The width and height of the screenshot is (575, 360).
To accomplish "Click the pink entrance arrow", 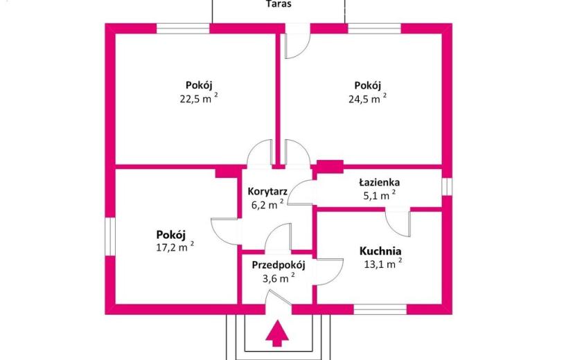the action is [277, 333].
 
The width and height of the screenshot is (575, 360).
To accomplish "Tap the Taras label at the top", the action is [278, 4].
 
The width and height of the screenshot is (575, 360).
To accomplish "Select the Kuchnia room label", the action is [380, 251].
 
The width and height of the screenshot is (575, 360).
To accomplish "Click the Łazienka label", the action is [379, 182].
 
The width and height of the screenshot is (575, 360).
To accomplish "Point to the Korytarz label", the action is [267, 191].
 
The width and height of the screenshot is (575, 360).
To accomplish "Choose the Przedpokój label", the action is [278, 265].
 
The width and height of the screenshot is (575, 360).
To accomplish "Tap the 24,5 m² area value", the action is [367, 98].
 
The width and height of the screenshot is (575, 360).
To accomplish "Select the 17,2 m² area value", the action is [175, 246].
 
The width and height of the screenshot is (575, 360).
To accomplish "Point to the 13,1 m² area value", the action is [383, 264].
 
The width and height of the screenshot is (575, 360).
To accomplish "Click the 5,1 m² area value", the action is [379, 195].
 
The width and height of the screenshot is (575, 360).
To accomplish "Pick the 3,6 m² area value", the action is [278, 278].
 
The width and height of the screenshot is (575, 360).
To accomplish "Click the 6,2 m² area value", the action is [267, 204].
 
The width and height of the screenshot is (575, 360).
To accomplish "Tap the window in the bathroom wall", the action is [447, 187].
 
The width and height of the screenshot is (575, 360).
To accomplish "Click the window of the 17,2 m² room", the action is [110, 237].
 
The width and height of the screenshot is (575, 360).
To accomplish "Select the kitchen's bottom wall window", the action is [380, 309].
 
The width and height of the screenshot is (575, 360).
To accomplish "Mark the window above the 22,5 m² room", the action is [183, 28].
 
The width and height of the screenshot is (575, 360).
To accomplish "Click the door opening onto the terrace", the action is [298, 41].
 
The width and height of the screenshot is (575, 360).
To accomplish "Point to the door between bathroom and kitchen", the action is [398, 222].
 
